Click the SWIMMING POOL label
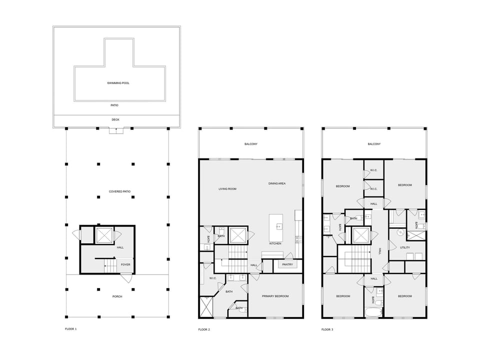(118, 83)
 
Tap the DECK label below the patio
(115, 119)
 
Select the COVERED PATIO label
(119, 191)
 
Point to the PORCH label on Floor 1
(117, 296)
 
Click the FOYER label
(125, 265)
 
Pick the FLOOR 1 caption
(70, 329)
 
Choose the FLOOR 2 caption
(204, 329)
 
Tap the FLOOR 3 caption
(327, 329)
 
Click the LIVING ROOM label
(227, 189)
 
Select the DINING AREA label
(277, 183)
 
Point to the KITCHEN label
(275, 243)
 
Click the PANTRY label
(287, 264)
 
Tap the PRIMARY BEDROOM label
(275, 296)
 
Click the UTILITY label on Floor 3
(405, 247)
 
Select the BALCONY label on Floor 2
(251, 144)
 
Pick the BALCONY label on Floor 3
(374, 144)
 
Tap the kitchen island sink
(279, 226)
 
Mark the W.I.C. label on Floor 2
(213, 278)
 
